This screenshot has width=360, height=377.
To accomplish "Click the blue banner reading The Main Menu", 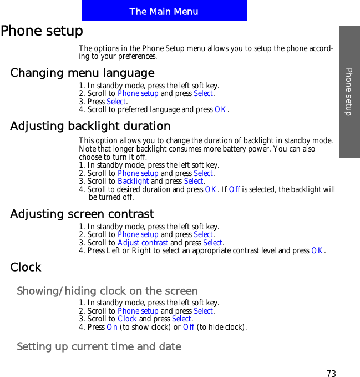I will [x=164, y=11].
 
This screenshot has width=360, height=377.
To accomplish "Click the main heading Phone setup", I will [x=42, y=31].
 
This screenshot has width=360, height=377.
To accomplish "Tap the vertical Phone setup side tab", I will [x=349, y=92].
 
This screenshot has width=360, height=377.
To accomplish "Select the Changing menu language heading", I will [x=82, y=73].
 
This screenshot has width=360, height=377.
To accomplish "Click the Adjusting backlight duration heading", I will [x=90, y=127].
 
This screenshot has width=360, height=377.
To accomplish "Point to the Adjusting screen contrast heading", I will [x=82, y=214].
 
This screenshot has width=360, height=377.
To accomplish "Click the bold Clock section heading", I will [x=26, y=268].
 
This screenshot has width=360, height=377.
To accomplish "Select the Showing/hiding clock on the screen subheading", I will [x=107, y=291].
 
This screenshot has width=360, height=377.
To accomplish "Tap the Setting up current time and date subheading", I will [x=99, y=347].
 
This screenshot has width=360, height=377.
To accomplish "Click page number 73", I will [x=331, y=374].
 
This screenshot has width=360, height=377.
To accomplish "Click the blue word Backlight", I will [x=133, y=182].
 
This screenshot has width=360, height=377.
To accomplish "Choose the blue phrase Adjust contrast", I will [x=143, y=243].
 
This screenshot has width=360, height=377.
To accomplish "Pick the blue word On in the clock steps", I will [x=112, y=327].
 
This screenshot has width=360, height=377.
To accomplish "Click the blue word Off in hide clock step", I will [x=189, y=327].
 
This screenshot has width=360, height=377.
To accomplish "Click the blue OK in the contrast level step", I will [x=317, y=251].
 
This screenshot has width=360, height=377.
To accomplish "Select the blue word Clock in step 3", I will [x=127, y=319].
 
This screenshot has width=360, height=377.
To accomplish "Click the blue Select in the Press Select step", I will [x=116, y=102].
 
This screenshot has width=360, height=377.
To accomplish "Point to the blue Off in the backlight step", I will [x=235, y=189].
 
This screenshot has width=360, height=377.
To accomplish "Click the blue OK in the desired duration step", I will [x=211, y=189].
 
